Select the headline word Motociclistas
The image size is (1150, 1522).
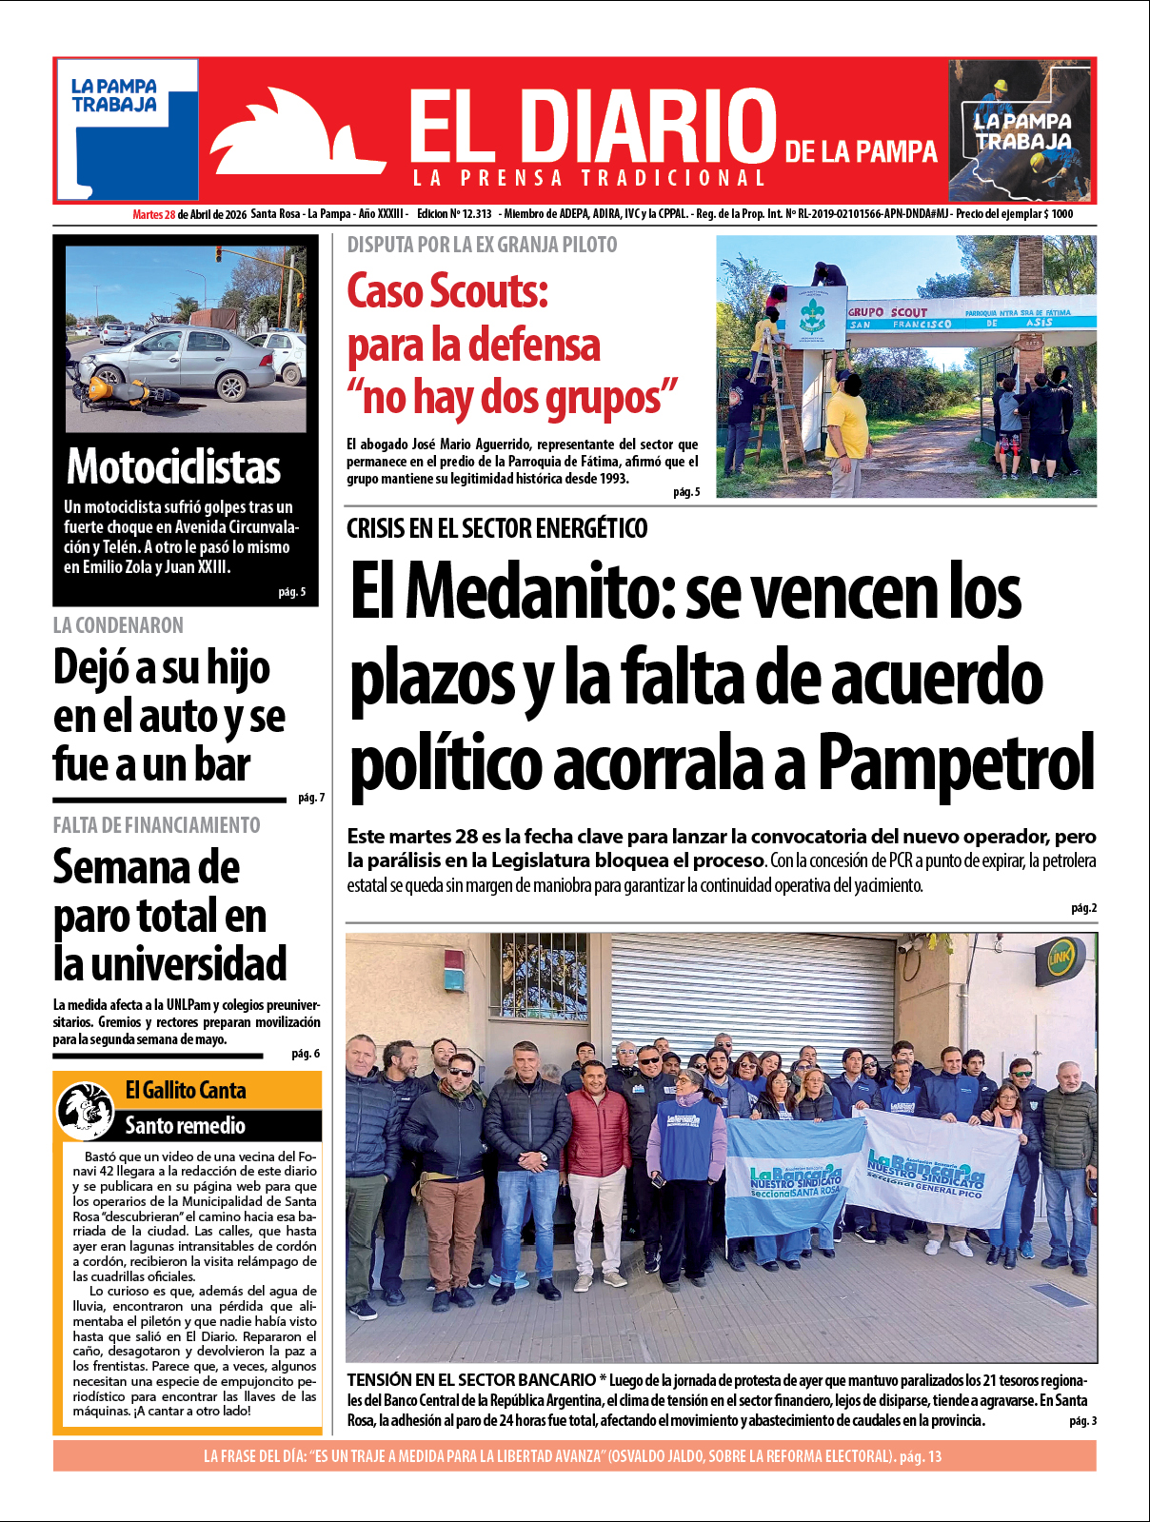pos(173,467)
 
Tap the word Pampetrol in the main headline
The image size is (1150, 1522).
pos(956,763)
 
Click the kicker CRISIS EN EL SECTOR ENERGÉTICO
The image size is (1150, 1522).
pos(496,528)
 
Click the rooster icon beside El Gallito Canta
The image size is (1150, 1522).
pos(87,1110)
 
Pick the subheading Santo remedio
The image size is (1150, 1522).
pos(186,1126)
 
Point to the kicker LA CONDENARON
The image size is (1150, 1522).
pos(118,625)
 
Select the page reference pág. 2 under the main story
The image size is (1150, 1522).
pos(1083,908)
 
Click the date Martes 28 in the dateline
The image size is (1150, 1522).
pos(153,214)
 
